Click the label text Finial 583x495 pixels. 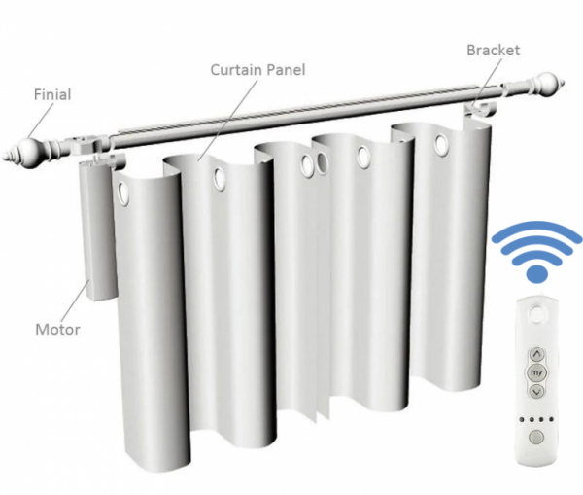tap(52, 94)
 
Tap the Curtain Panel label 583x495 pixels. tap(257, 70)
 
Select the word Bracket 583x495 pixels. tap(493, 51)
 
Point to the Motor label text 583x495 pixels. tap(57, 330)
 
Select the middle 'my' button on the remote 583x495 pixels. tap(536, 372)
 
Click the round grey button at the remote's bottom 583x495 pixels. tap(535, 437)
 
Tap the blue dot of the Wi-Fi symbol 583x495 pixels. tap(536, 274)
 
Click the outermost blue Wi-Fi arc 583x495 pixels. tap(536, 232)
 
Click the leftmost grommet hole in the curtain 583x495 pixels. tap(122, 194)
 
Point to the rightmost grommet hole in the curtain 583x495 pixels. tap(441, 145)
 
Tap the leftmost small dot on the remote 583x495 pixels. tap(522, 419)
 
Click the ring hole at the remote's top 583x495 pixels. tap(536, 314)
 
